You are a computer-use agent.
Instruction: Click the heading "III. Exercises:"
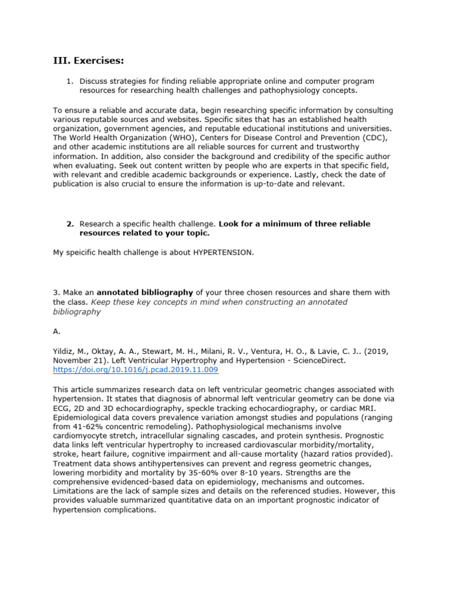coord(89,61)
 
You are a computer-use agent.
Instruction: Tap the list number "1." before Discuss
coord(70,81)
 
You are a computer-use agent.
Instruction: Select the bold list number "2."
coord(70,224)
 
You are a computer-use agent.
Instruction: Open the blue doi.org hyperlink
coord(135,370)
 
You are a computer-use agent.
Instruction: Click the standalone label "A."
coord(57,331)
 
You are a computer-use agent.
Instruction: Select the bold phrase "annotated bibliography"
coord(144,292)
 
